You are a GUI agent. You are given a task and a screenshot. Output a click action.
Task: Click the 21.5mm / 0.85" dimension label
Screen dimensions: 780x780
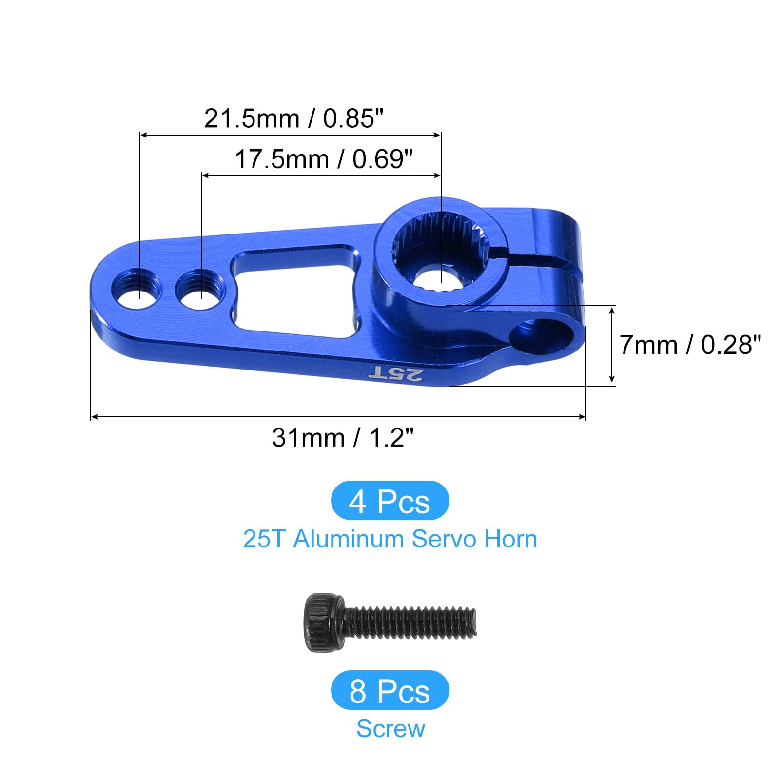click(x=293, y=118)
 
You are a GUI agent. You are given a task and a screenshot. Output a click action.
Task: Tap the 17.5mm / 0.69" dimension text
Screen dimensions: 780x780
click(x=324, y=159)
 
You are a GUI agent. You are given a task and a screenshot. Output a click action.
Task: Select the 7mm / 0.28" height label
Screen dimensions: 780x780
click(x=689, y=345)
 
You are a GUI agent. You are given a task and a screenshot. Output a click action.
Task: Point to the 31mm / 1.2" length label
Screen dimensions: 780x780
click(x=343, y=437)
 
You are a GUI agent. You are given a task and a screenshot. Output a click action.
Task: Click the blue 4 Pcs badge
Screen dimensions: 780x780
click(x=390, y=501)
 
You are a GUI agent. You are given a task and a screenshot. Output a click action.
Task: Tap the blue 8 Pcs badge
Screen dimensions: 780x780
click(x=390, y=690)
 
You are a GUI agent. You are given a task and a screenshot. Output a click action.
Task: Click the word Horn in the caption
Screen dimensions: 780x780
click(x=510, y=539)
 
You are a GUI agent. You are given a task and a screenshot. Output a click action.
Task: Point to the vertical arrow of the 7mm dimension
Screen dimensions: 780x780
click(x=612, y=345)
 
